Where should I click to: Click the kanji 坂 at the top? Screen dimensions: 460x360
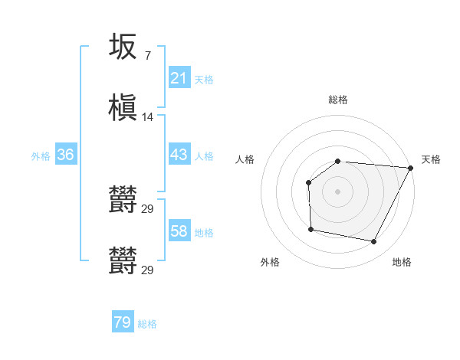[123, 47]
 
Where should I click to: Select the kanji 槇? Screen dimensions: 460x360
[123, 108]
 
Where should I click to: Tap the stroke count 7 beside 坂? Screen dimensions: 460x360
[147, 55]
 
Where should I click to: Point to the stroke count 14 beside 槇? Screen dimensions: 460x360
[148, 117]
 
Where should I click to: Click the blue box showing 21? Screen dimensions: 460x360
[179, 78]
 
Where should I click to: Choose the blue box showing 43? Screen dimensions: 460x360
[179, 155]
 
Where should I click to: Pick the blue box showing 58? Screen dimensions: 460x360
[179, 231]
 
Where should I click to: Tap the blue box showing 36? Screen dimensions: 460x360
[66, 155]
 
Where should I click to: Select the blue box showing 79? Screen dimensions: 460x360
[123, 322]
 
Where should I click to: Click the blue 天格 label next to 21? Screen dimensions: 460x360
[204, 79]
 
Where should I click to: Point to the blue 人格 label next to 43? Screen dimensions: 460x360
[204, 155]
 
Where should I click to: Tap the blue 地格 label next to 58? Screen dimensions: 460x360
[204, 232]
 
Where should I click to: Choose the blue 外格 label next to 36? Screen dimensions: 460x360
[41, 155]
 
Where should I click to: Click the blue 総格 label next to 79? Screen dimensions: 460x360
[148, 324]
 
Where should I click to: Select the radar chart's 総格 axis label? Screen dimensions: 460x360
[338, 100]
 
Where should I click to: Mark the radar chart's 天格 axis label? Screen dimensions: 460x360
[431, 159]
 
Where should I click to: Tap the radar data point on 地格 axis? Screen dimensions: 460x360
[374, 242]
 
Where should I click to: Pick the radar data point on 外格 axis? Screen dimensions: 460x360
[310, 229]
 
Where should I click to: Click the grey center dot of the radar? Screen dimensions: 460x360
[338, 191]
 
